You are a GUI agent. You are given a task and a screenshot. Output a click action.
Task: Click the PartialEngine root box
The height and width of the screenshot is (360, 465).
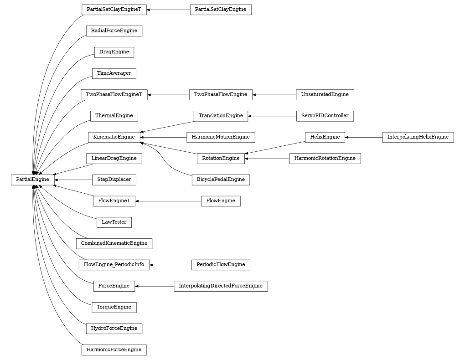(32, 180)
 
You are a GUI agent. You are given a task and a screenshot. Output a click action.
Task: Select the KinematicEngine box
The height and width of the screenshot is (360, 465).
(114, 137)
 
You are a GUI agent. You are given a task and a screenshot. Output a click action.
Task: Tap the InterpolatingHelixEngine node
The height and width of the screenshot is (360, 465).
(418, 137)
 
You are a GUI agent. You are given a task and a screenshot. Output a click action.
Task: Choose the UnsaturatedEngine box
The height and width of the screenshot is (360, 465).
(325, 95)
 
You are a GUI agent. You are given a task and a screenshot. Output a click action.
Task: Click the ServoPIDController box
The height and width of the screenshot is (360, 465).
(325, 116)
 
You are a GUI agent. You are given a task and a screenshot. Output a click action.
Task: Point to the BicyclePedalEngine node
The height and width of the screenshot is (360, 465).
(221, 180)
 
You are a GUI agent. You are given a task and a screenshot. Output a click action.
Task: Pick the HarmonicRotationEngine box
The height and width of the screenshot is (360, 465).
(325, 159)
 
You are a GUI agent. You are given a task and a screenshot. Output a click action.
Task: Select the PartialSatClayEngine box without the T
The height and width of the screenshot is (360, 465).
(221, 10)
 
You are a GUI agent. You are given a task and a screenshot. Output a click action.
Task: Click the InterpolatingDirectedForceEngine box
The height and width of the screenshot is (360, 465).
(221, 286)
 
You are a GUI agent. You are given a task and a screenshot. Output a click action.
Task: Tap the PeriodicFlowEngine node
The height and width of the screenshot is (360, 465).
(221, 265)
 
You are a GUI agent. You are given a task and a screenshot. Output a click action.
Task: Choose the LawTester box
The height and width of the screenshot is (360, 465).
(114, 222)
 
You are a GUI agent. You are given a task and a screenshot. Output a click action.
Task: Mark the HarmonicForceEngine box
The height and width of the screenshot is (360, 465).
(114, 350)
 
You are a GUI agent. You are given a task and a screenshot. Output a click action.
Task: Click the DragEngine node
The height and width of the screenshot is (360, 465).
(114, 52)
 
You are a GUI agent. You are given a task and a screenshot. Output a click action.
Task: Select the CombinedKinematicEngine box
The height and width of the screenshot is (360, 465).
(114, 243)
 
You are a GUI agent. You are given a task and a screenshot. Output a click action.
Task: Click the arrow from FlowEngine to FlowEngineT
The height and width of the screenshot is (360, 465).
(168, 201)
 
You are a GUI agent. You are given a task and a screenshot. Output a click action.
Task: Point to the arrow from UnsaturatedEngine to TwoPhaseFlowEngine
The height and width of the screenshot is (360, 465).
(274, 95)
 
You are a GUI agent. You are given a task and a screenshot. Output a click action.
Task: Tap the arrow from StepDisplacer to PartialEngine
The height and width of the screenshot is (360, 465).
(73, 180)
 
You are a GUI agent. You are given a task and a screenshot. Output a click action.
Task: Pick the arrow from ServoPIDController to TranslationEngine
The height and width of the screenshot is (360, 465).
(272, 116)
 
